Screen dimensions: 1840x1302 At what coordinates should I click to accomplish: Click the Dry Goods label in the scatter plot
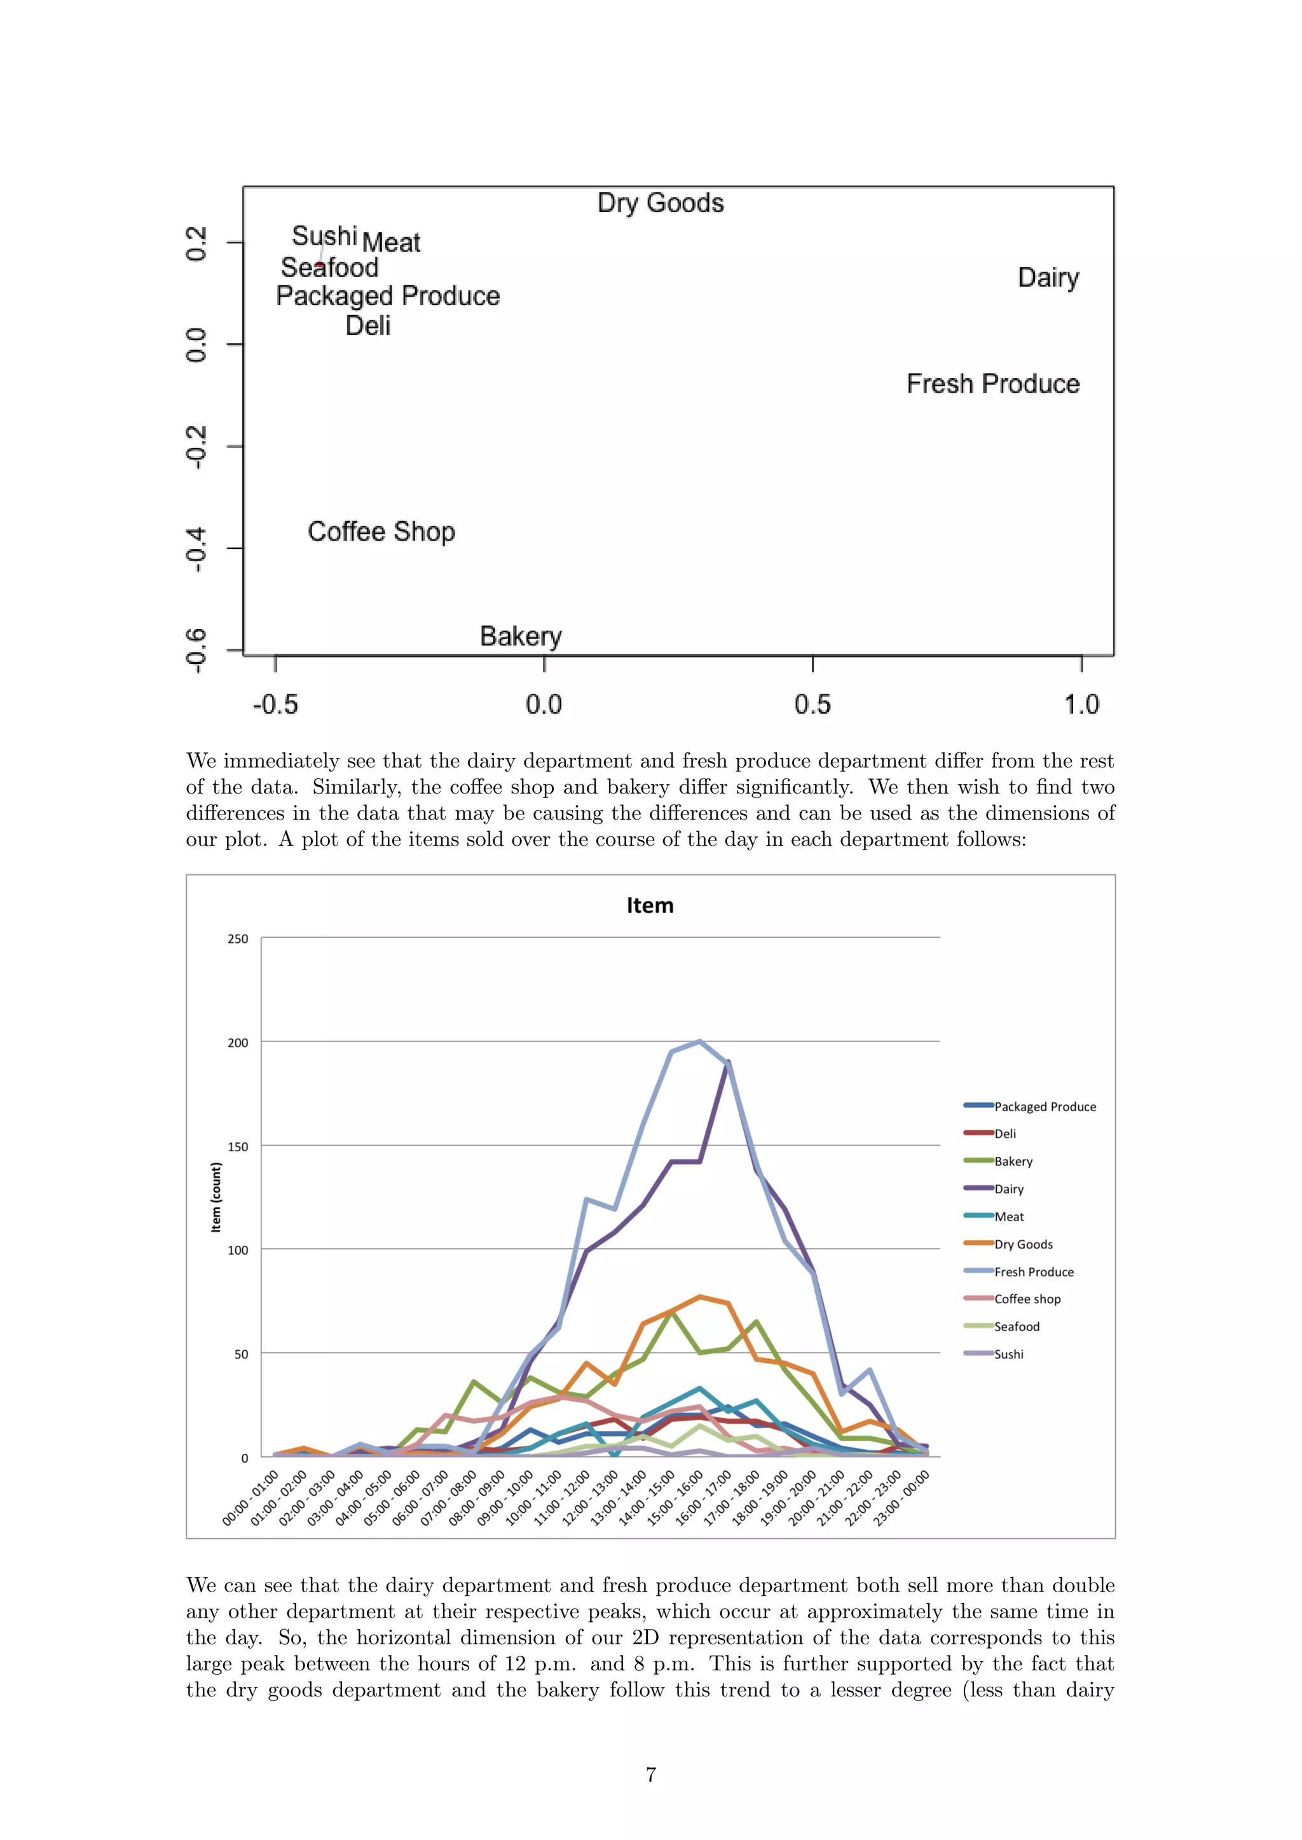coord(661,203)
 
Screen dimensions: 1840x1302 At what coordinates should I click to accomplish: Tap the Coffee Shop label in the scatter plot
coord(381,531)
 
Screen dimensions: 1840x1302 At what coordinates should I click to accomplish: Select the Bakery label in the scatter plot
coord(521,635)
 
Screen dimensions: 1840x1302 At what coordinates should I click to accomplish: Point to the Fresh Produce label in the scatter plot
coord(992,384)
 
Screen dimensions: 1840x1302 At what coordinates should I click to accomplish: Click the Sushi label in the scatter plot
coord(324,236)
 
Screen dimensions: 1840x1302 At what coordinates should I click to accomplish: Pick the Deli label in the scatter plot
coord(368,325)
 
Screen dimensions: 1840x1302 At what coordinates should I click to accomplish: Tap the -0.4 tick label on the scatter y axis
coord(196,550)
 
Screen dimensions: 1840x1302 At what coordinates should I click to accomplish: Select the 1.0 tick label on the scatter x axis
coord(1081,705)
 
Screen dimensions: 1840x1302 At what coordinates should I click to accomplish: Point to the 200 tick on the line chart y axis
coord(238,1043)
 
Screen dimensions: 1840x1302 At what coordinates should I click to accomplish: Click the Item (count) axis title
coord(216,1197)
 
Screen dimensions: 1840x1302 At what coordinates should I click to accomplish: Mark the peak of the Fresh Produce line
coord(699,1042)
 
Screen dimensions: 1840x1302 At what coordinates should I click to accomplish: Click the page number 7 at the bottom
coord(651,1775)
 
